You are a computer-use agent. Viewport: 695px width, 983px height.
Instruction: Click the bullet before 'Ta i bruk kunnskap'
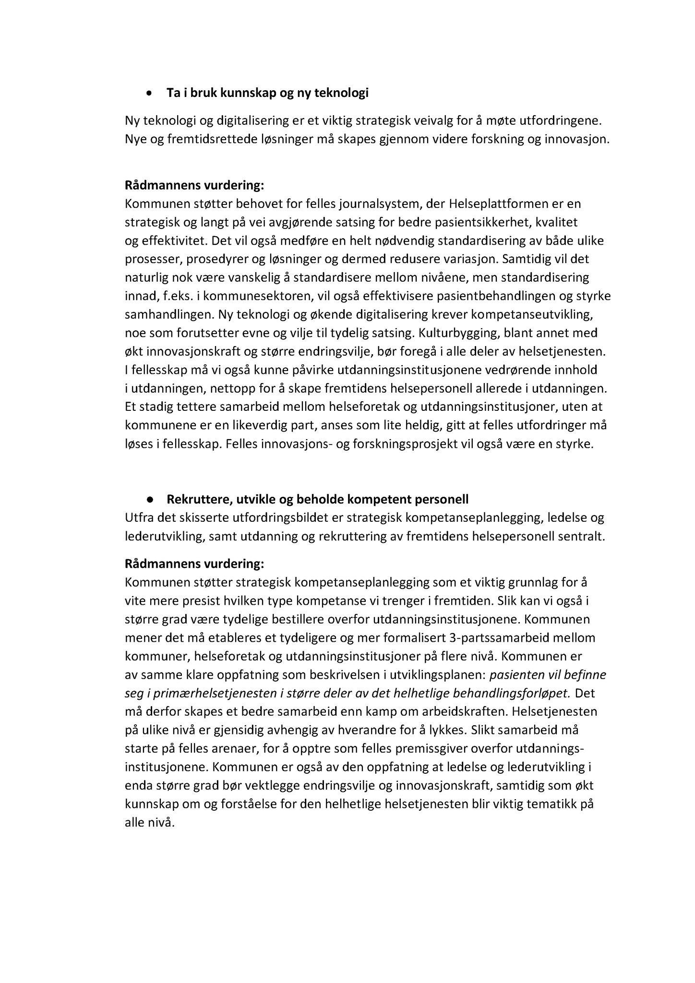[x=150, y=93]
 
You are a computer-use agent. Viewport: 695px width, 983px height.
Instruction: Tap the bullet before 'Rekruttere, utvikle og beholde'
[x=150, y=500]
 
